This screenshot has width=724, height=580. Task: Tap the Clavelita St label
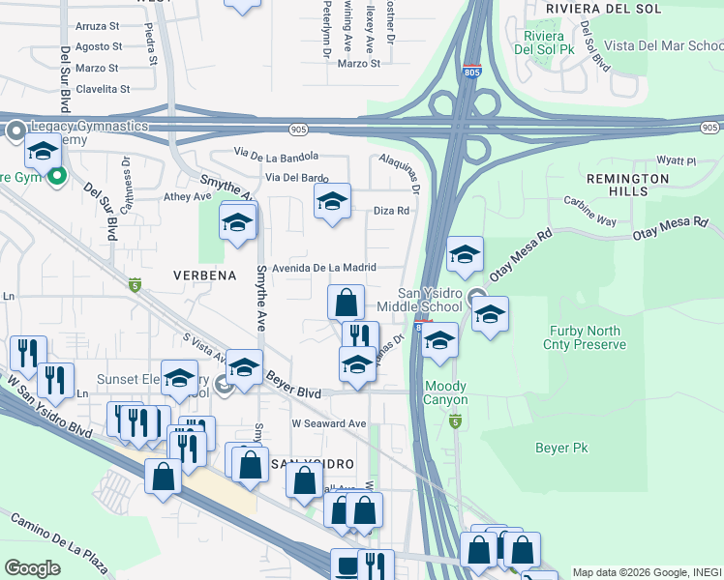click(x=97, y=89)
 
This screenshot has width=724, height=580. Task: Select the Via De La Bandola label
click(x=276, y=154)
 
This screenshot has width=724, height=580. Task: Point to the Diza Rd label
click(x=392, y=210)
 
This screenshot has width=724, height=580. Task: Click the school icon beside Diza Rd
click(x=332, y=201)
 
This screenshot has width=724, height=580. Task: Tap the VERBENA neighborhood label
click(x=205, y=275)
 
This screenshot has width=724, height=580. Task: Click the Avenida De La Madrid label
click(x=323, y=268)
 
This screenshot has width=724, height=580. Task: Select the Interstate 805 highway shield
click(x=471, y=72)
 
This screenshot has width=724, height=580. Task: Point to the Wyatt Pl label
click(x=677, y=161)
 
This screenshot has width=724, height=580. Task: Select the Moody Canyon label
click(x=445, y=393)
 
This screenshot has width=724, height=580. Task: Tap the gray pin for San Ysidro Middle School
click(x=476, y=297)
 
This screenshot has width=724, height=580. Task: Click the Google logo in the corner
click(x=32, y=567)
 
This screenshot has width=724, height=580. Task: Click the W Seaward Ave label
click(x=329, y=423)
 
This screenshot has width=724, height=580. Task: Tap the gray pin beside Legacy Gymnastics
click(x=15, y=130)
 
